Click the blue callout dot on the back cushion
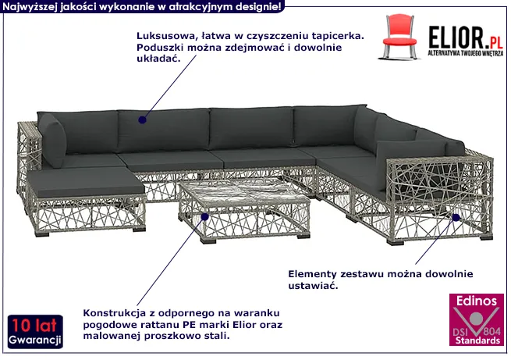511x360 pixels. [143, 119]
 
